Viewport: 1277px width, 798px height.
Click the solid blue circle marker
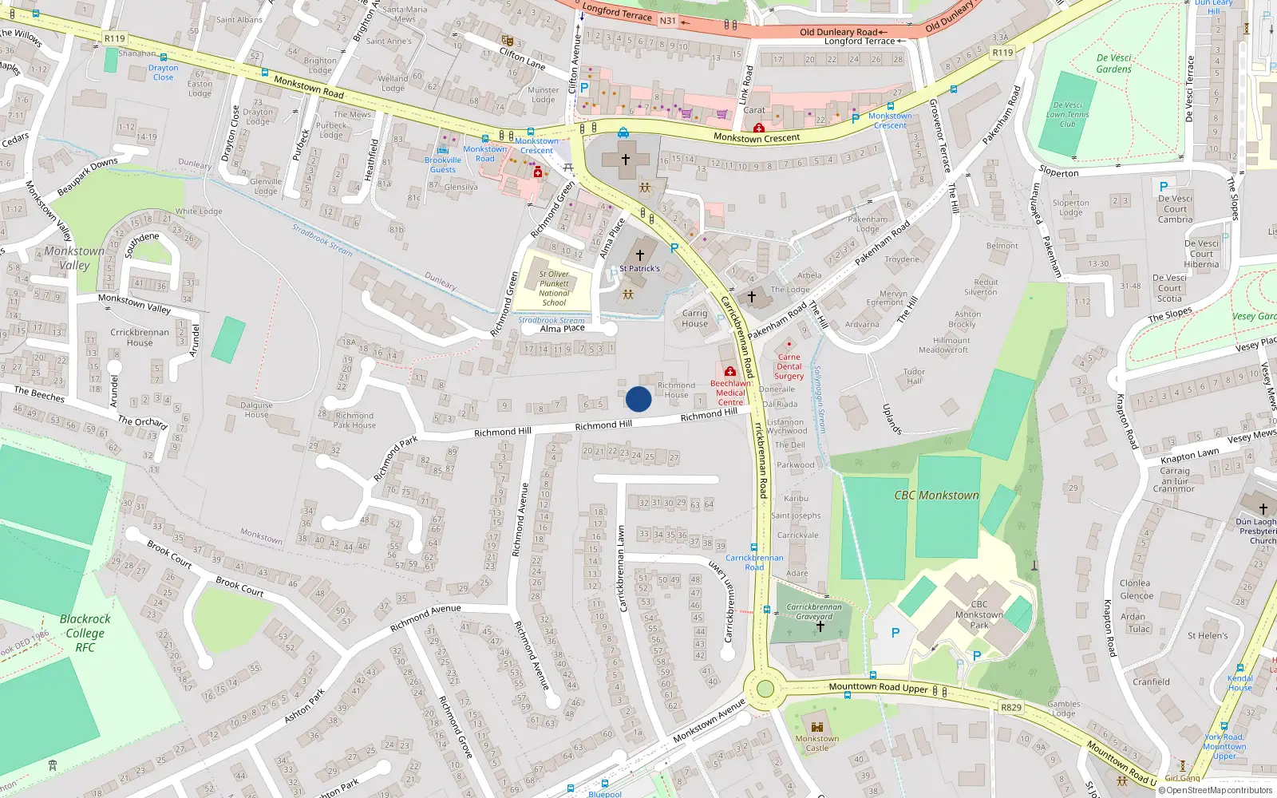(x=638, y=399)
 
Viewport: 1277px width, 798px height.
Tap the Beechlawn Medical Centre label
(x=730, y=393)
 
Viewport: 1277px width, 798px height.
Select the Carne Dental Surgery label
(x=789, y=366)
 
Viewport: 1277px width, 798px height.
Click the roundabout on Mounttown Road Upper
(x=765, y=688)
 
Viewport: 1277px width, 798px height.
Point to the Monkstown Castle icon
(x=816, y=727)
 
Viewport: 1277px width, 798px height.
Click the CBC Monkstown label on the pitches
(x=936, y=495)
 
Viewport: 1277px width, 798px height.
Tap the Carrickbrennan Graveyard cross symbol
(x=820, y=626)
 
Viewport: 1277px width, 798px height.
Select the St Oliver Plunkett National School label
(x=554, y=288)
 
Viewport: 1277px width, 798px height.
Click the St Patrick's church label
(x=639, y=268)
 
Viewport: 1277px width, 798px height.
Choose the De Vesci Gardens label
(x=1113, y=63)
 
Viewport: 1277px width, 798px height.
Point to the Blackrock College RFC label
(x=85, y=633)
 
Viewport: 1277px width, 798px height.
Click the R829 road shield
(x=1010, y=707)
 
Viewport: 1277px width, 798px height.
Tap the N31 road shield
(x=668, y=21)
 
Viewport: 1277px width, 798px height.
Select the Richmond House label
(x=676, y=389)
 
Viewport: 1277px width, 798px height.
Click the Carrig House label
(x=694, y=318)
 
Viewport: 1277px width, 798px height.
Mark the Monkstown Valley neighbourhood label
(x=74, y=258)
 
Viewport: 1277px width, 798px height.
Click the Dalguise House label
(x=256, y=409)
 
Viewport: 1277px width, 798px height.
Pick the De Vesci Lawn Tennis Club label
(x=1067, y=114)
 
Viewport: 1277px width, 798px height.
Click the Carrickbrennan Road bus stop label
(x=754, y=562)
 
